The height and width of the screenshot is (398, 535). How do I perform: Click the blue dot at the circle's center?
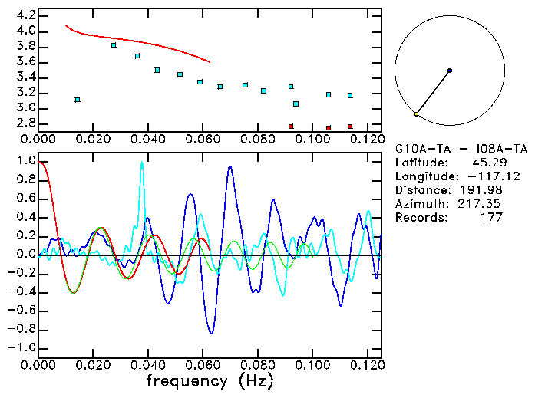450,71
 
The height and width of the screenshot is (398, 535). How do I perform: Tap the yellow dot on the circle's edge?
416,114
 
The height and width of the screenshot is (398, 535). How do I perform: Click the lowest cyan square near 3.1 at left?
78,100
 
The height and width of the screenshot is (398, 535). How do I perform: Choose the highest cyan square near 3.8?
114,45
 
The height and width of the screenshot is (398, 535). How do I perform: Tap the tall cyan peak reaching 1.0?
142,163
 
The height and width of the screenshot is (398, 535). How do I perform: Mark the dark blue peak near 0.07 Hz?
230,166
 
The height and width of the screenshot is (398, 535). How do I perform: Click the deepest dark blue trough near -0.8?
212,333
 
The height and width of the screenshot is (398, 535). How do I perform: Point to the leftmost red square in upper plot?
291,127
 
